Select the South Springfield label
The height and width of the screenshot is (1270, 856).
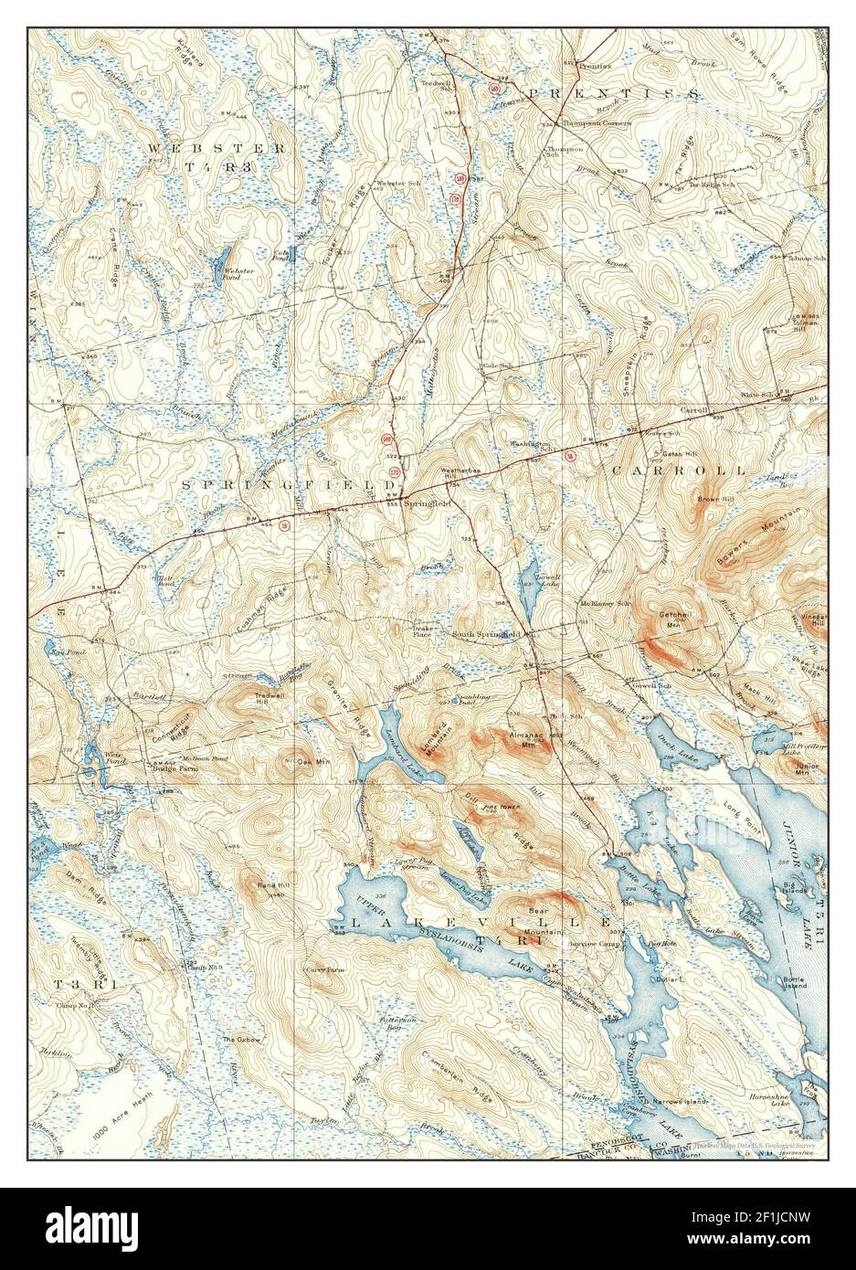click(491, 632)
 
